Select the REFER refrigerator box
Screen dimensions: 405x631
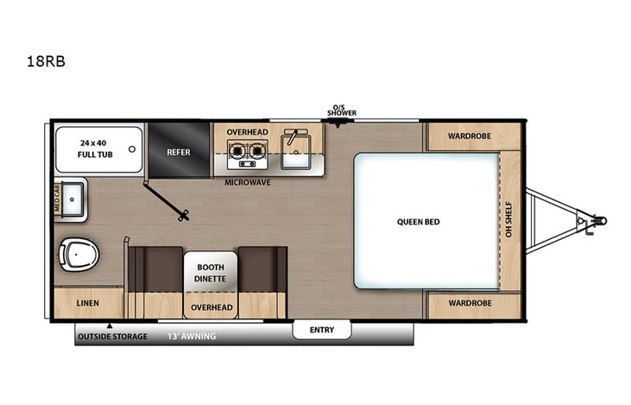coord(179,152)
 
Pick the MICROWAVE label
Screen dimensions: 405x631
coord(248,183)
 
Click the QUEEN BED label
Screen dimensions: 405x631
coord(419,222)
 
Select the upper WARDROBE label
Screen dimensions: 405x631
coord(470,136)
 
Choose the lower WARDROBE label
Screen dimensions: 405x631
coord(470,304)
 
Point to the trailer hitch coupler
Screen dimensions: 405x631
coord(595,221)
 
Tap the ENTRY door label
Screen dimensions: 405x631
coord(321,330)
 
